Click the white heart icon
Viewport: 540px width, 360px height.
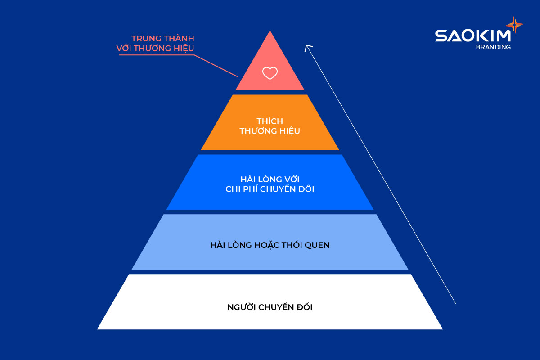(270, 73)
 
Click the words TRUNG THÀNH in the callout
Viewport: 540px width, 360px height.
(163, 39)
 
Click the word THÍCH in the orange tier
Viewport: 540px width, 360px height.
(270, 121)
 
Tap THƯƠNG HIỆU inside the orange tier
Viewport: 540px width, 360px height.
(270, 131)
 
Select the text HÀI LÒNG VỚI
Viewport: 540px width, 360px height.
(270, 179)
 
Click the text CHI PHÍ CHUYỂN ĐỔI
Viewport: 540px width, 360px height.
(270, 189)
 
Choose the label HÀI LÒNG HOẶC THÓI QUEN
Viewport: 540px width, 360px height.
(270, 246)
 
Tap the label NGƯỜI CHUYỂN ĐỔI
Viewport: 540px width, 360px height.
(270, 308)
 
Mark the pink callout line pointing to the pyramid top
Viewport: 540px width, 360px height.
(216, 66)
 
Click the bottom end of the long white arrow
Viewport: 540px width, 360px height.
(455, 303)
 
